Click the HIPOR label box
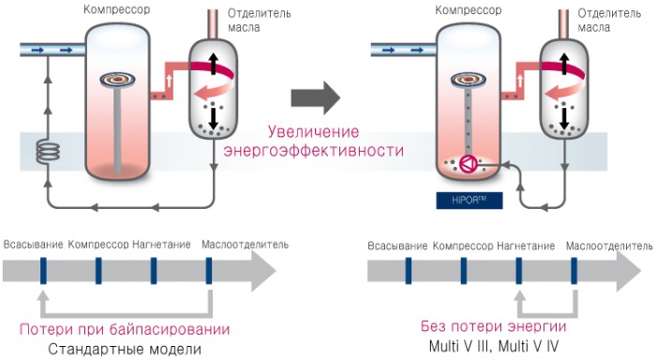click(x=469, y=200)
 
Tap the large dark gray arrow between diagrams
click(x=316, y=97)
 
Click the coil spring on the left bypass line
click(x=48, y=153)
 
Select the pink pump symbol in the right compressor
click(x=468, y=164)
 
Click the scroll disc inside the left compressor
click(x=118, y=79)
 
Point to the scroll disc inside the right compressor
click(x=469, y=79)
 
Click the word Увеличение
click(x=313, y=131)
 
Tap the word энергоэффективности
click(x=314, y=150)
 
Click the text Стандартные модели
click(x=125, y=349)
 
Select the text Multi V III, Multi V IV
click(x=494, y=346)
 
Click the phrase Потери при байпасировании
click(x=125, y=329)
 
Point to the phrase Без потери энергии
click(x=494, y=326)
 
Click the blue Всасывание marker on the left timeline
click(x=43, y=271)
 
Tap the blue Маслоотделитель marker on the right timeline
click(x=574, y=271)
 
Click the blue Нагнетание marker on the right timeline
click(x=519, y=271)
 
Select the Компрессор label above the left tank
click(x=117, y=9)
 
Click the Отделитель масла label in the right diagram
click(x=609, y=20)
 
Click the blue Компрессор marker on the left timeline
click(x=98, y=271)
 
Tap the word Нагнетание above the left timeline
click(x=161, y=245)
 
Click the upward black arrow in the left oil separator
click(x=214, y=63)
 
